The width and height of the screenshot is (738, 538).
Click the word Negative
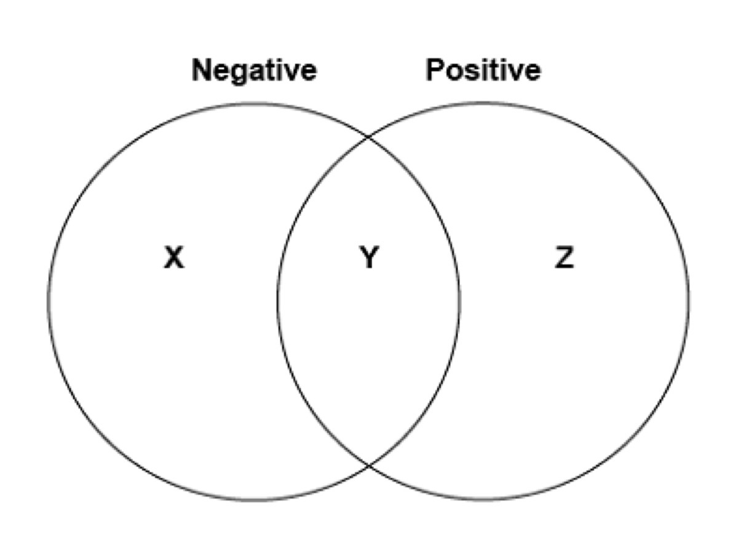coord(254,71)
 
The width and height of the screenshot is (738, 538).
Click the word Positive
coord(483,70)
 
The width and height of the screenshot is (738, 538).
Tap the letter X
coord(174,257)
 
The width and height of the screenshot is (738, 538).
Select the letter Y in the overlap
coord(369,257)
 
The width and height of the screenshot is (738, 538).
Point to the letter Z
coord(565,257)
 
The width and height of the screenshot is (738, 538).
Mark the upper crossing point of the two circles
coord(368,136)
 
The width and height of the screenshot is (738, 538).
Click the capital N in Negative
coord(202,70)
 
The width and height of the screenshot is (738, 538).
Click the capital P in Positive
coord(435,70)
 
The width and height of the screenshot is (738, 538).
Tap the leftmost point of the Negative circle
coord(49,301)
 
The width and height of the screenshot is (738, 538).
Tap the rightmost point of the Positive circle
coord(689,301)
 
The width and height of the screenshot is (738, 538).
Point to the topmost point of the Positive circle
coord(483,103)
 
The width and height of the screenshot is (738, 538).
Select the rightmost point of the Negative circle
coord(459,301)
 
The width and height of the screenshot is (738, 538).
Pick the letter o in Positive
coord(455,73)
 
